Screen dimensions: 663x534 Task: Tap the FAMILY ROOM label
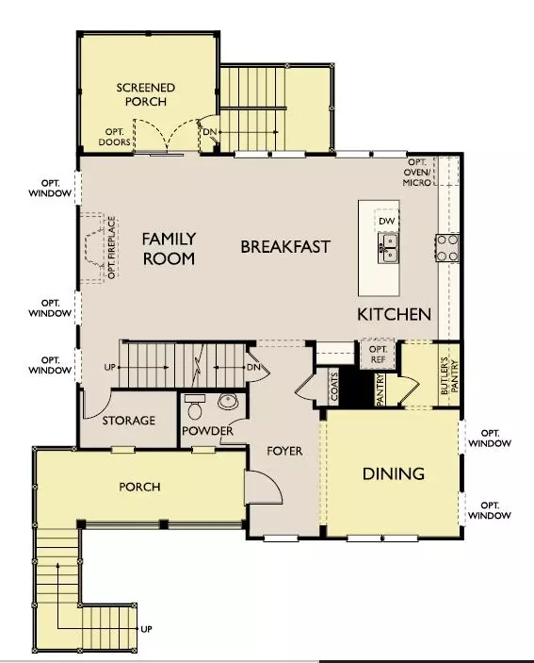[170, 248]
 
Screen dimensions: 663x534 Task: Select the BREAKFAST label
[285, 247]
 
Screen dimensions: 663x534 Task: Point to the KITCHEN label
[394, 314]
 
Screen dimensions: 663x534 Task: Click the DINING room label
[393, 473]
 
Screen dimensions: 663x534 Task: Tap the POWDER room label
[208, 431]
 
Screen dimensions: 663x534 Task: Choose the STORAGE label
[128, 421]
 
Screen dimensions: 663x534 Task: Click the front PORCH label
[139, 487]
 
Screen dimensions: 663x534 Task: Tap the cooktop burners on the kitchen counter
[446, 247]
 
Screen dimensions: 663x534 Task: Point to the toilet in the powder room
[195, 406]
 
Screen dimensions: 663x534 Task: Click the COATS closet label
[332, 386]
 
